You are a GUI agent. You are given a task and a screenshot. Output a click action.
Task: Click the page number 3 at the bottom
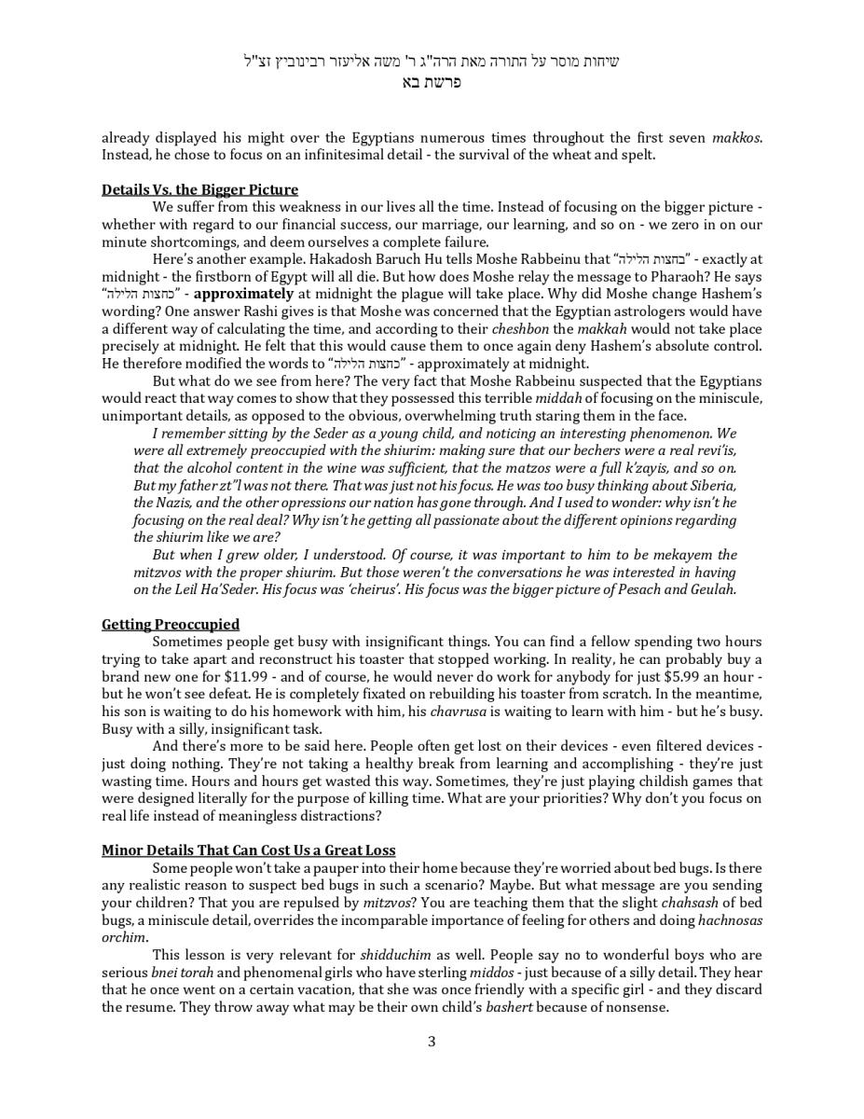(x=432, y=1042)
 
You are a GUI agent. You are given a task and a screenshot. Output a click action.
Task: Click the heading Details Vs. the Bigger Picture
(x=199, y=189)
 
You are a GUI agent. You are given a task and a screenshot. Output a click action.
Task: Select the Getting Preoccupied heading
(x=171, y=624)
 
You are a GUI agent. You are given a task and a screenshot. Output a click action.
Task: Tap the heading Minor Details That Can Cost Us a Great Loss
(x=248, y=850)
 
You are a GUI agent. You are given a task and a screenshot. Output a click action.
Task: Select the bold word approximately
(x=243, y=294)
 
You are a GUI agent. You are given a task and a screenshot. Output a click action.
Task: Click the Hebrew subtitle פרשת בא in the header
(x=432, y=82)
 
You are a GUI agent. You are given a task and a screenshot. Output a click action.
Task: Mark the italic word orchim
(x=123, y=937)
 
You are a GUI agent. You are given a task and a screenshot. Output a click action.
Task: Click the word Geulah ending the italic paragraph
(x=712, y=589)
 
